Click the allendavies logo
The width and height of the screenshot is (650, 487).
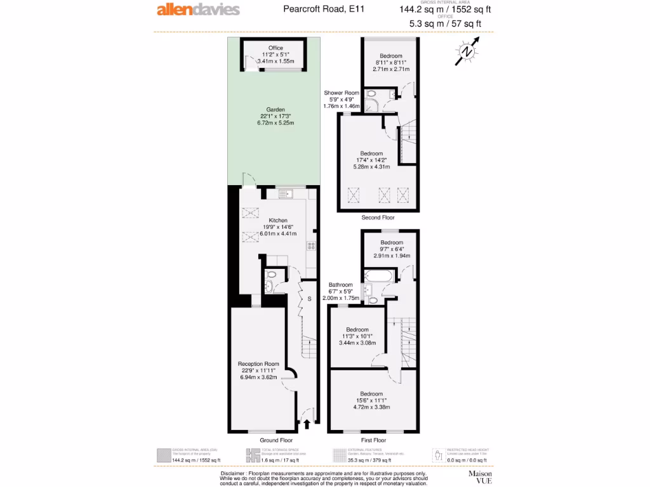click(198, 10)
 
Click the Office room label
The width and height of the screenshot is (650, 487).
click(275, 48)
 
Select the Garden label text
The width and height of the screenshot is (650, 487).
click(275, 110)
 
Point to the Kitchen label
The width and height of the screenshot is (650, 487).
click(277, 220)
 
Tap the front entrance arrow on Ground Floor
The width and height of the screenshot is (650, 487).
click(308, 424)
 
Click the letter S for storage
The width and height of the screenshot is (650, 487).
click(309, 299)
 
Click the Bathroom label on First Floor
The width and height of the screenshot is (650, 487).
click(341, 285)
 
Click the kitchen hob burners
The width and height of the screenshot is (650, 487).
click(312, 245)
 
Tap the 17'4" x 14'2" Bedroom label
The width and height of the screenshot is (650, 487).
click(371, 153)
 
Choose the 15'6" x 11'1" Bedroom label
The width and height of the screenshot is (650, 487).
click(371, 394)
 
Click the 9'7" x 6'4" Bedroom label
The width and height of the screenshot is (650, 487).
click(392, 243)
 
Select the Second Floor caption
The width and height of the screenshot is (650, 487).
click(378, 218)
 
